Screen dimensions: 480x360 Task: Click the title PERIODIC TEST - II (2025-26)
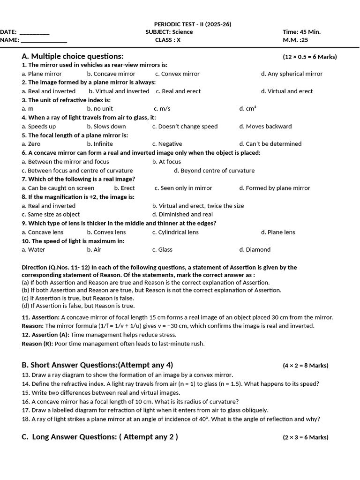(192, 24)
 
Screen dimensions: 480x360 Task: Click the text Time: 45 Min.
(301, 32)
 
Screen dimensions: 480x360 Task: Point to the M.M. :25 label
(295, 40)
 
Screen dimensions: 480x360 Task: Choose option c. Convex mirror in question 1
(177, 74)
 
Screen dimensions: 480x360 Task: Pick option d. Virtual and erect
(287, 91)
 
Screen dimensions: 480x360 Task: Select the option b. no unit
(100, 109)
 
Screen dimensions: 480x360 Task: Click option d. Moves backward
(265, 127)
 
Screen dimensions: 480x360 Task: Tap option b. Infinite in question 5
(100, 144)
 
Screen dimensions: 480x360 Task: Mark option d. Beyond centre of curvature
(214, 171)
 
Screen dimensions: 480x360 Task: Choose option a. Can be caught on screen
(58, 188)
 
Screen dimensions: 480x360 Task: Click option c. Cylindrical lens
(175, 232)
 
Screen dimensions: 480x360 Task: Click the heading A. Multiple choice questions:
(73, 56)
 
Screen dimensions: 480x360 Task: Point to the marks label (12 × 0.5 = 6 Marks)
(309, 57)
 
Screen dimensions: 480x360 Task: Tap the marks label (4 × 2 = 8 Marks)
(305, 366)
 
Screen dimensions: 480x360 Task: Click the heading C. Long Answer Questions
(100, 437)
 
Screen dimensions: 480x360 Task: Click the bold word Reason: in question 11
(32, 326)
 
